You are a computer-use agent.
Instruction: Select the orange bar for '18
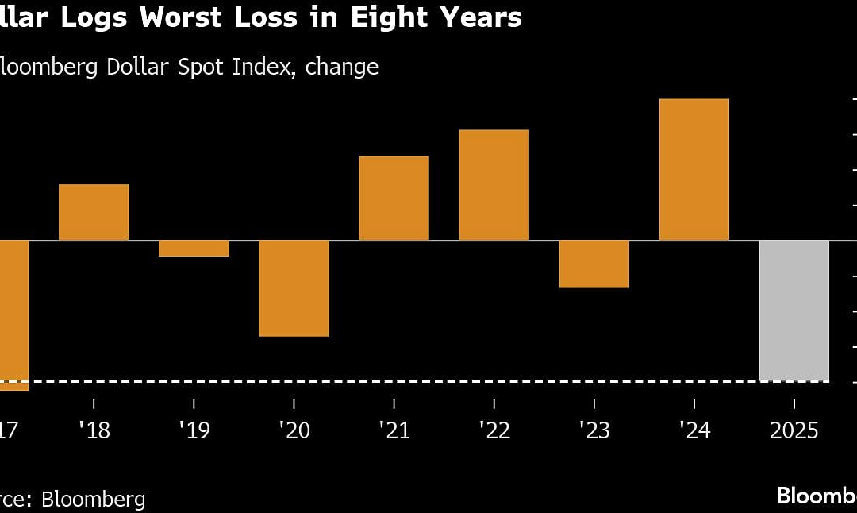point(94,212)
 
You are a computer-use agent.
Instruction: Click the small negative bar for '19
point(194,249)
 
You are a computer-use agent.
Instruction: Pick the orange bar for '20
point(294,288)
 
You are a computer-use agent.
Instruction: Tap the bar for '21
point(394,199)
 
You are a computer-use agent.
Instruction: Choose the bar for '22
point(494,185)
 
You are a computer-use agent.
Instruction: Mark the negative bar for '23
point(594,264)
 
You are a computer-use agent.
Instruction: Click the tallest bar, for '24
point(694,170)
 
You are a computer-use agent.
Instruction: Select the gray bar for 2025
point(794,310)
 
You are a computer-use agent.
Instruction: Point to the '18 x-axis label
point(94,431)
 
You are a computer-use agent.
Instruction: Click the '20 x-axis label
point(294,431)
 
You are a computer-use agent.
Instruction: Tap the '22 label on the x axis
point(494,431)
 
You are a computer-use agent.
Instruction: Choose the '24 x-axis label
point(694,431)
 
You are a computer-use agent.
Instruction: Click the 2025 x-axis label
point(794,431)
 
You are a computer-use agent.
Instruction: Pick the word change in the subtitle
point(342,67)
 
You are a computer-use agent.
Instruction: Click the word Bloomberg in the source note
point(94,499)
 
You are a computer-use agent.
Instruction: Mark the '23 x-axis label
point(594,431)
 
